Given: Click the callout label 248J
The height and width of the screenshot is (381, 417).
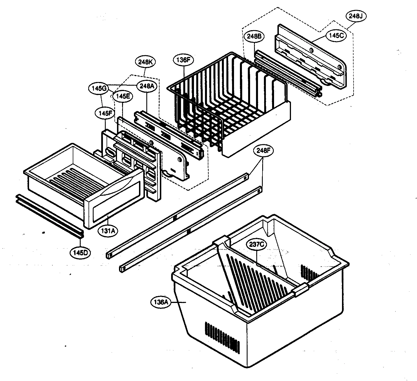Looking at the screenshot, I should point(356,16).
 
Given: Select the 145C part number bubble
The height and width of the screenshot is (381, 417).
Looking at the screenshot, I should point(336,36).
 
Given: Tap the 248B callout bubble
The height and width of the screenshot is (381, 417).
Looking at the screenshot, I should point(255,36).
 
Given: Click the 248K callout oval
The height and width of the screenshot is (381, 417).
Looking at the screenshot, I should point(145,62).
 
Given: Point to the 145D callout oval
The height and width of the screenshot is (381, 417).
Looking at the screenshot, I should point(81,252).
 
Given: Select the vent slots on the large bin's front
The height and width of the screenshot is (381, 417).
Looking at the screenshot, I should point(223,335).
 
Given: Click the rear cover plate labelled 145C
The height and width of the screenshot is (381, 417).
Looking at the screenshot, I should point(310,59).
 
